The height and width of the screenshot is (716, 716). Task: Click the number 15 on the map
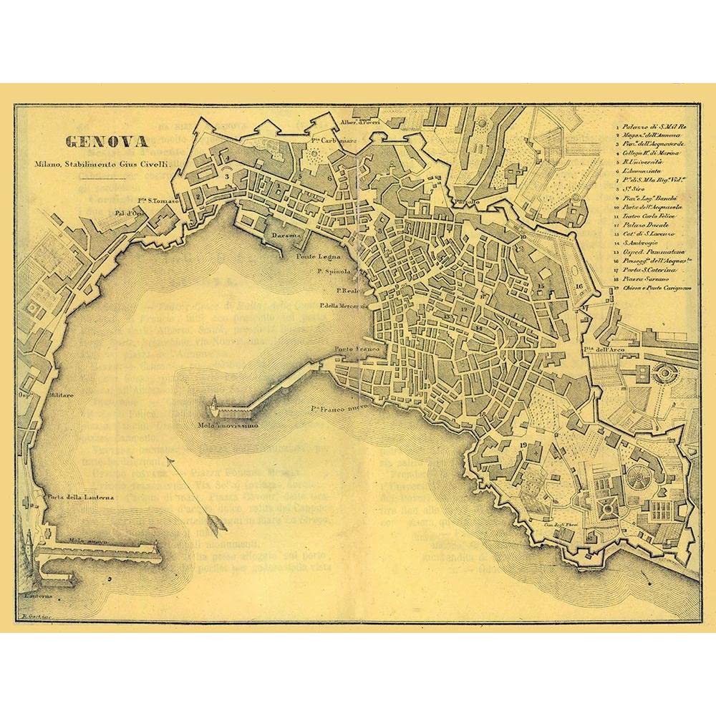(x=542, y=286)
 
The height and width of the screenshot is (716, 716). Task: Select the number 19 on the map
(x=523, y=446)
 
